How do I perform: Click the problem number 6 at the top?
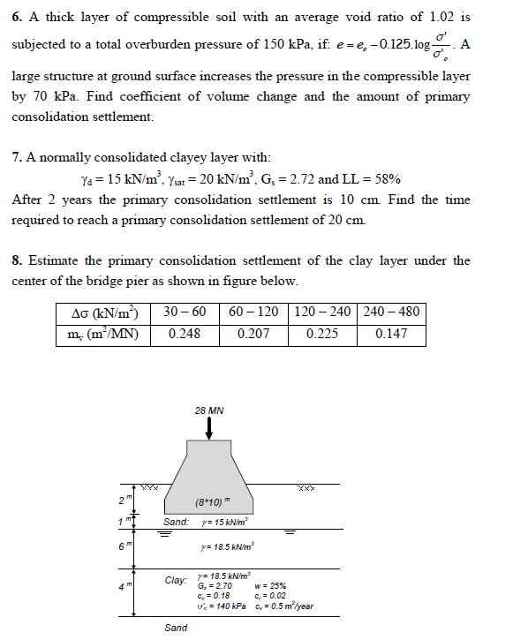[17, 17]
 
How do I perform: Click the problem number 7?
[17, 158]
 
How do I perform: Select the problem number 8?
[17, 260]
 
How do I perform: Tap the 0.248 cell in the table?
[184, 334]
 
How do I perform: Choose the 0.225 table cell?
[321, 334]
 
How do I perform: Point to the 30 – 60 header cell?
[185, 312]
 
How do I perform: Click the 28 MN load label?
[208, 410]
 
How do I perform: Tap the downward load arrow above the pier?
[208, 428]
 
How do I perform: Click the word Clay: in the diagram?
[177, 581]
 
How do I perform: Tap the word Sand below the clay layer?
[176, 628]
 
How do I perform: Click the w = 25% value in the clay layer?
[268, 584]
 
